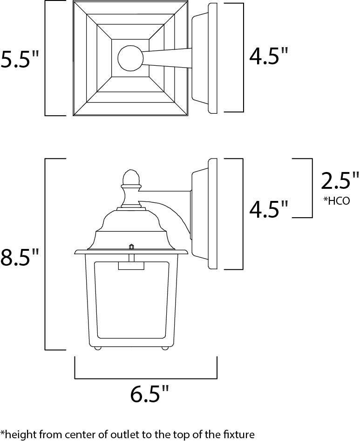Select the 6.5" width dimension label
tap(149, 394)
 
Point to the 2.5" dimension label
tap(340, 181)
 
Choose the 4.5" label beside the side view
tap(269, 210)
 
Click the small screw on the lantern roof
tap(131, 246)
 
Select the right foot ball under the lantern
tap(165, 348)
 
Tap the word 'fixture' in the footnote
tap(239, 434)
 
